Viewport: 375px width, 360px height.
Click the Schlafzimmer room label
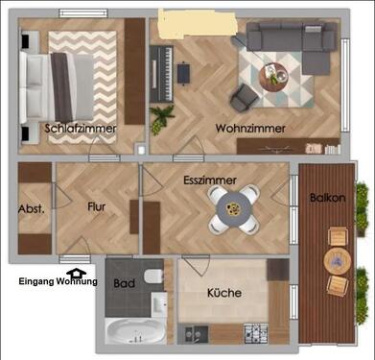pyautogui.click(x=81, y=128)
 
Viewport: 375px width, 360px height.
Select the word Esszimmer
pyautogui.click(x=210, y=180)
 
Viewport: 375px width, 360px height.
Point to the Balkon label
pyautogui.click(x=327, y=199)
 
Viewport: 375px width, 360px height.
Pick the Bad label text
pyautogui.click(x=124, y=284)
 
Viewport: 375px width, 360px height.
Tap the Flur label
pyautogui.click(x=97, y=205)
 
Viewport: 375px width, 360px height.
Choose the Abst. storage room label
pyautogui.click(x=32, y=209)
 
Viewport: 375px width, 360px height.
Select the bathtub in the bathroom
pyautogui.click(x=132, y=333)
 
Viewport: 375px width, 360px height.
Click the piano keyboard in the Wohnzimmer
pyautogui.click(x=160, y=71)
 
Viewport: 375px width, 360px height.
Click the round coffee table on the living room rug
pyautogui.click(x=273, y=73)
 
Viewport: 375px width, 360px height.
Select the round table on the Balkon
pyautogui.click(x=338, y=259)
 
